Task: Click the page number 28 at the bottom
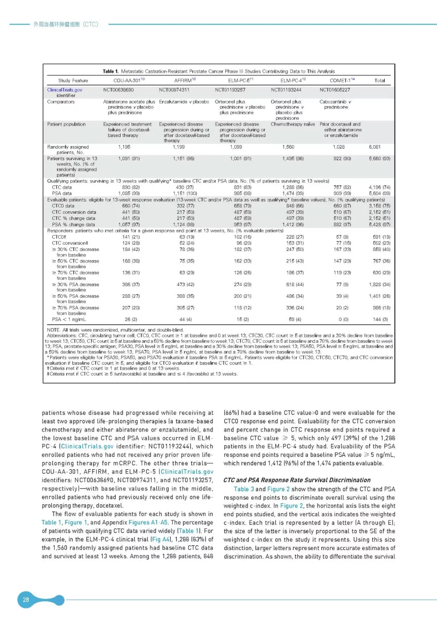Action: point(26,599)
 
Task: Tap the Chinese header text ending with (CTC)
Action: point(66,24)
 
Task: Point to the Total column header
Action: point(380,81)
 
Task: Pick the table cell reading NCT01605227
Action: point(335,90)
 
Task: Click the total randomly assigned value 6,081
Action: point(375,147)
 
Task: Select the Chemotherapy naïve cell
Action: point(293,124)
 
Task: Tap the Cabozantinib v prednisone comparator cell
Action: point(335,104)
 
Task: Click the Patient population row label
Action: point(66,124)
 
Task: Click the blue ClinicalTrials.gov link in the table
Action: point(65,90)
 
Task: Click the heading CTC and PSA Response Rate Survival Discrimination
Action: point(297,480)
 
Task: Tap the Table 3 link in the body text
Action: point(244,489)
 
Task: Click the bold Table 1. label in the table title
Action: point(110,71)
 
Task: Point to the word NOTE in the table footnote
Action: point(53,330)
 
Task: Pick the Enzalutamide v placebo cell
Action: point(184,102)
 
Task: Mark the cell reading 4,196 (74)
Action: point(380,187)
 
